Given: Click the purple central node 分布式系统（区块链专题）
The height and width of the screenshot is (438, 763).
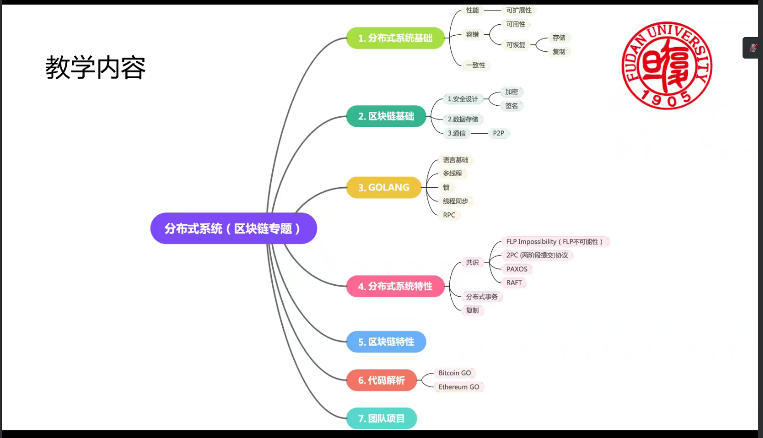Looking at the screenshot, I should pos(233,229).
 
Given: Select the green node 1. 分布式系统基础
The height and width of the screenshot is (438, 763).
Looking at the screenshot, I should pos(395,38).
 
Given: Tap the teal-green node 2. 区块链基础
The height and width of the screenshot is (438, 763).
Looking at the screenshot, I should pos(386,116).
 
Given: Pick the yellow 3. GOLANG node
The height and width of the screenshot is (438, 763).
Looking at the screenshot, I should pos(384,188).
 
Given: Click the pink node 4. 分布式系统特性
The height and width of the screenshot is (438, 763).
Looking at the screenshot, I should pos(395,286).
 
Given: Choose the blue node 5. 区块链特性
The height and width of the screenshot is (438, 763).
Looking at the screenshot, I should pos(386,342).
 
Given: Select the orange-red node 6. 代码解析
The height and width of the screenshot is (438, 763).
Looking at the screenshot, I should pos(381,380).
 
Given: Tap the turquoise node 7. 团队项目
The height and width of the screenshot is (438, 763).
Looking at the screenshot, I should pos(381,418).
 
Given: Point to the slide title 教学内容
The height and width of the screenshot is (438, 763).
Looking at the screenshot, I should pos(95,68).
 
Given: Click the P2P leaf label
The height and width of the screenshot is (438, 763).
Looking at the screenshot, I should pos(498,133).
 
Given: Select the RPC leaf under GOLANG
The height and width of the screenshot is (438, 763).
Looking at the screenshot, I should pos(449,215).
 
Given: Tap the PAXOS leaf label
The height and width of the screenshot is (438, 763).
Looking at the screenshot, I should pos(516,269).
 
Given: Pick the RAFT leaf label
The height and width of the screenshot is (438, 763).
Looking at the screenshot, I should pos(514,283).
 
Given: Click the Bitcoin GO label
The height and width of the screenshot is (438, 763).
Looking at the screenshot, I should pos(455,373).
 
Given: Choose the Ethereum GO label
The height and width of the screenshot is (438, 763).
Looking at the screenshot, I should pos(459,387).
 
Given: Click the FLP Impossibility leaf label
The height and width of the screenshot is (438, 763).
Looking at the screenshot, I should pos(555,242).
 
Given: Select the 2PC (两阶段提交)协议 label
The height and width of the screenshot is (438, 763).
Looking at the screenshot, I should pos(537,255).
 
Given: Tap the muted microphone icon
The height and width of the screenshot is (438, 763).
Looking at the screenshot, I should pos(753,48).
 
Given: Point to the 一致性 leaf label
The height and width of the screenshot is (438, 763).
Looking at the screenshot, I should pos(476,65).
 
